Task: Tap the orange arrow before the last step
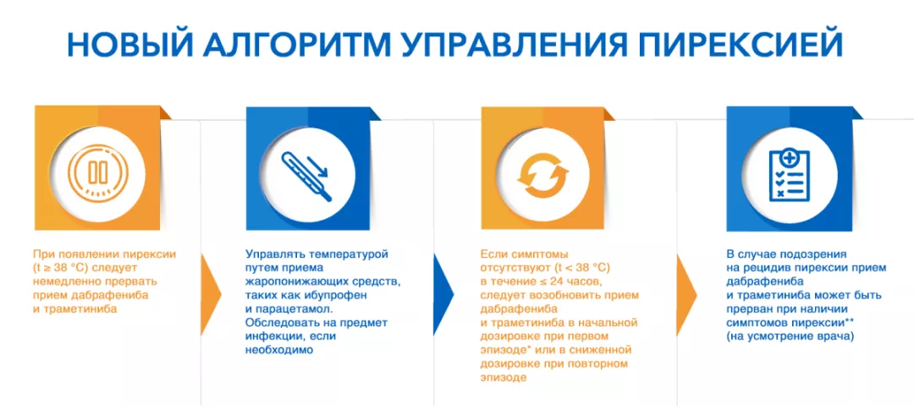coord(686,294)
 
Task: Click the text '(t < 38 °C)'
coord(580,268)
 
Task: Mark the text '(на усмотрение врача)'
coord(790,336)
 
